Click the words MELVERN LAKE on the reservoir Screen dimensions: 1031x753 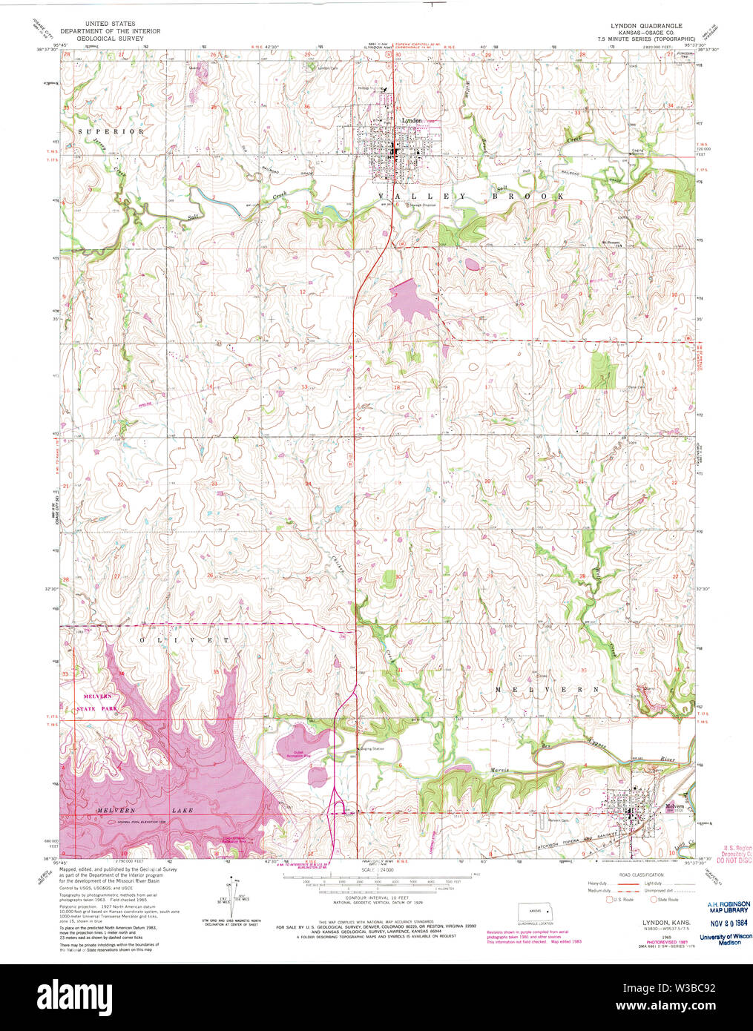145,811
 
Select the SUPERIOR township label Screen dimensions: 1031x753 111,131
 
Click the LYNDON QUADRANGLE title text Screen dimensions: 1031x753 641,25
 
